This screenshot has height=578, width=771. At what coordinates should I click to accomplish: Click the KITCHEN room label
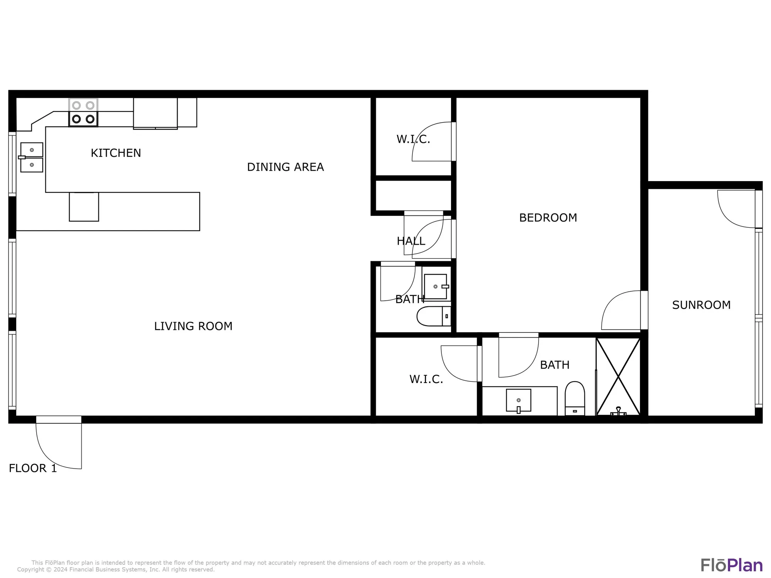click(116, 153)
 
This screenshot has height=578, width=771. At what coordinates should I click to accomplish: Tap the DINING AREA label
click(285, 167)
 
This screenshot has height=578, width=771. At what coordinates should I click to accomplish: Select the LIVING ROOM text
click(193, 326)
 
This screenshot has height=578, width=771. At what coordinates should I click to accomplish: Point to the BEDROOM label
click(548, 218)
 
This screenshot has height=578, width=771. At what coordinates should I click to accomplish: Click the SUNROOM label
click(701, 305)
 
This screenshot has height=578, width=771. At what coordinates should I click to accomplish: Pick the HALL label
click(411, 241)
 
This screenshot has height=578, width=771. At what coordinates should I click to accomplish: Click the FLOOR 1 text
click(33, 468)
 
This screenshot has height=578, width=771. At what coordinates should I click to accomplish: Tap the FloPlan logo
click(731, 565)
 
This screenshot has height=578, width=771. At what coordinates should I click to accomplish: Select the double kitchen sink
click(32, 157)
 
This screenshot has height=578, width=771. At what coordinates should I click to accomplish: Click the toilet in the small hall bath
click(434, 316)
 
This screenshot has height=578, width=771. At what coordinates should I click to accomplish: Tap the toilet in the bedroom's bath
click(574, 399)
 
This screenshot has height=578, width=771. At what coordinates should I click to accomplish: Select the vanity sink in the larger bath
click(518, 401)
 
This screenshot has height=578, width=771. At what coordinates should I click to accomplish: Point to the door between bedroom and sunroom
click(621, 311)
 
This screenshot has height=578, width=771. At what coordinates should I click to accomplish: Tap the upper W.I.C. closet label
click(413, 139)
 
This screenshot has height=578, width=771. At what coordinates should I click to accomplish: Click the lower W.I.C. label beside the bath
click(426, 379)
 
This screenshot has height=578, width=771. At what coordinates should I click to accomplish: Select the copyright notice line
click(116, 570)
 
